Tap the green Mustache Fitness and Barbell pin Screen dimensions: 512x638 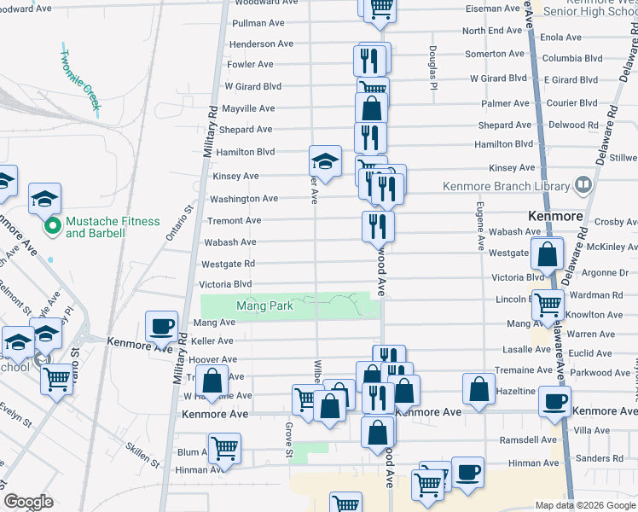click(x=51, y=227)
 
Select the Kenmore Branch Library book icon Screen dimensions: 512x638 click(x=583, y=184)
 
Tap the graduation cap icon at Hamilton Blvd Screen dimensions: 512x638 click(x=325, y=160)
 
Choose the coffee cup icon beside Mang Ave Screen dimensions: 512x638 click(x=162, y=325)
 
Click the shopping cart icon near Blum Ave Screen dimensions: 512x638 click(x=224, y=447)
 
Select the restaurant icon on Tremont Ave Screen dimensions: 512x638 click(x=378, y=226)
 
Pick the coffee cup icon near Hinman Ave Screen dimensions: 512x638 click(x=467, y=472)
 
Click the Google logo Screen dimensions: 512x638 click(x=29, y=501)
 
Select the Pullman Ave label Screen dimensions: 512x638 click(x=251, y=23)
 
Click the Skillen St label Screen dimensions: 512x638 click(x=142, y=453)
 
